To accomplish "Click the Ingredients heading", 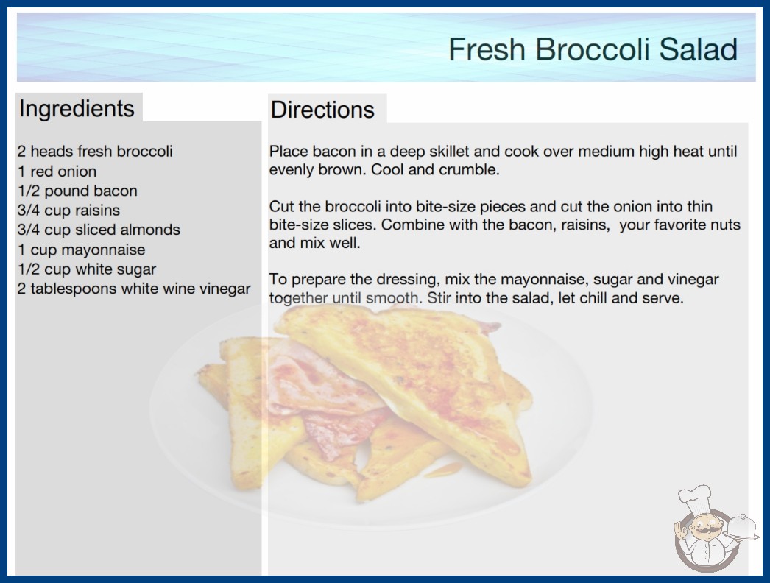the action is (x=77, y=109).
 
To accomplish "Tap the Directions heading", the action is (x=322, y=110).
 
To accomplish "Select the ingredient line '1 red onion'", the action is (x=57, y=172).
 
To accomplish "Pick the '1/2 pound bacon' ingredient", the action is (x=77, y=191).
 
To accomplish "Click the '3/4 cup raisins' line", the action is (x=68, y=211).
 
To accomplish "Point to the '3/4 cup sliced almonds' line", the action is (x=99, y=230).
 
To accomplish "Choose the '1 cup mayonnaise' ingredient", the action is (x=82, y=250).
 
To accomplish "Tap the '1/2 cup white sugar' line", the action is (x=87, y=269).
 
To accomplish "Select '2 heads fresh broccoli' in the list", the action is (x=95, y=152).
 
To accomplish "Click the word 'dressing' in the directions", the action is (x=406, y=280).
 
